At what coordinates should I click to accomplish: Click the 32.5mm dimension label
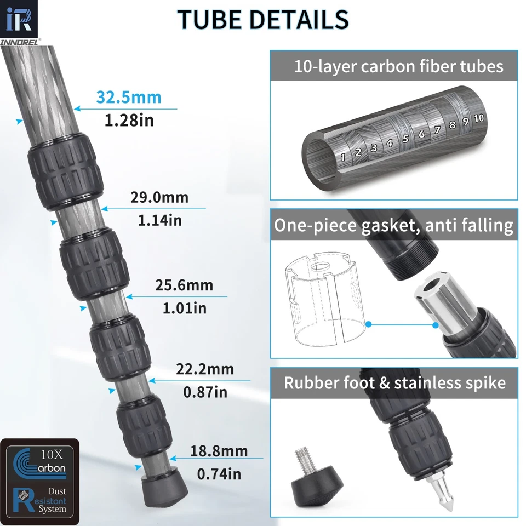point(129,98)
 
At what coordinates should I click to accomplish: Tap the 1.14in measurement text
point(159,220)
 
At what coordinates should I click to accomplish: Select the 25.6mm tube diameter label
point(184,285)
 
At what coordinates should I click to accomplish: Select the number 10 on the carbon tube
point(478,118)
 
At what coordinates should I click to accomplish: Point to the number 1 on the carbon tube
point(343,158)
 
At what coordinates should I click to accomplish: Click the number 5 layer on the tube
point(405,139)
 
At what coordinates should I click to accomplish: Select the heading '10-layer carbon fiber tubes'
point(398,67)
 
